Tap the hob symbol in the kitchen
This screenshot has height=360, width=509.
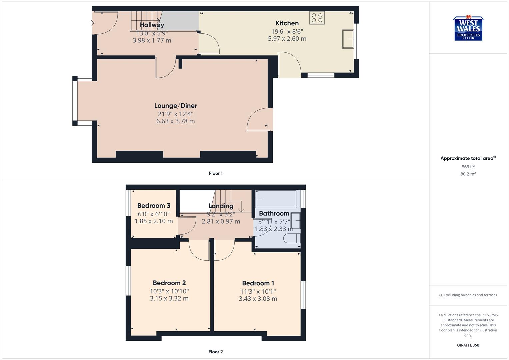point(317,18)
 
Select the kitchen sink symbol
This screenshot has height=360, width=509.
point(348,39)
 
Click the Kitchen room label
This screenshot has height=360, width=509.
point(287,23)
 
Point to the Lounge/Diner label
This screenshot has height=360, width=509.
point(176,106)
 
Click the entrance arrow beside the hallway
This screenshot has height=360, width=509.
point(91,23)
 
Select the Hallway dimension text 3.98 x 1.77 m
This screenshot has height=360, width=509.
point(152,40)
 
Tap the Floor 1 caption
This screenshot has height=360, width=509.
point(216,173)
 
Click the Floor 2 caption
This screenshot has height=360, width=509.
point(216,352)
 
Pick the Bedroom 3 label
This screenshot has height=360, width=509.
point(154,206)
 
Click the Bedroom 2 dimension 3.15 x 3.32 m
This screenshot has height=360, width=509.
point(169,299)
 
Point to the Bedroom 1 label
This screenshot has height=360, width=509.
point(258,283)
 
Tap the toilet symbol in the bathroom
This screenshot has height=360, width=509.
point(292,238)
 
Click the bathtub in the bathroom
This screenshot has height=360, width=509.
point(276,199)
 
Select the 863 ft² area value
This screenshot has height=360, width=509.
point(468,167)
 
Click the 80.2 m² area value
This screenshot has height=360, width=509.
point(468,174)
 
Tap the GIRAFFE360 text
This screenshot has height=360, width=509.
point(468,345)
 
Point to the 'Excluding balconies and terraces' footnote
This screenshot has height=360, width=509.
point(468,295)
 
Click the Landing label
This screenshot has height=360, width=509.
point(221,206)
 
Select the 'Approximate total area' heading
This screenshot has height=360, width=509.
point(467,158)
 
